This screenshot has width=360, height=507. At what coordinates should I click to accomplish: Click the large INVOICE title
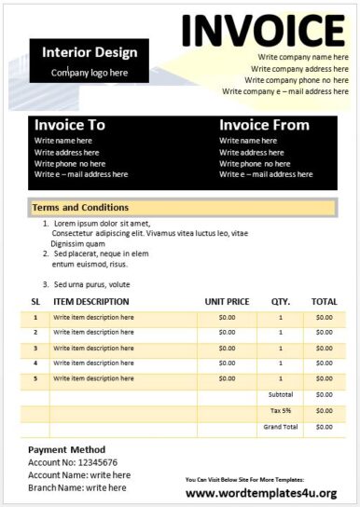tap(263, 30)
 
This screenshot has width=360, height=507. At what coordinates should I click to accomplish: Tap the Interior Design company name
tap(90, 52)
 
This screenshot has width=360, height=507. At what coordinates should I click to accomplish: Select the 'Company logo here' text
tap(90, 73)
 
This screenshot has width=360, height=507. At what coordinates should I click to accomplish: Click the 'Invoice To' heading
tap(70, 125)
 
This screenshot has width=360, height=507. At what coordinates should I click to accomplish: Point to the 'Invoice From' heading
tap(264, 125)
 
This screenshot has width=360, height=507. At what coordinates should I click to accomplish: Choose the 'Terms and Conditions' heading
tap(80, 208)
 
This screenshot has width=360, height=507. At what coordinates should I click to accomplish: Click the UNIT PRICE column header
tap(227, 302)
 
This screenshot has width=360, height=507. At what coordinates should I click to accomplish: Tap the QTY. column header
tap(281, 302)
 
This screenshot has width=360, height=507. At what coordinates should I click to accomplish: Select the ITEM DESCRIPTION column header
tap(91, 302)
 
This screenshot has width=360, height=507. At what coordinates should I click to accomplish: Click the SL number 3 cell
tap(35, 349)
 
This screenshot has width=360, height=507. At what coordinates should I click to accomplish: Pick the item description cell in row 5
tap(93, 378)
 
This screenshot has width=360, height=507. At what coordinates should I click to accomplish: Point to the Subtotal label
tap(281, 394)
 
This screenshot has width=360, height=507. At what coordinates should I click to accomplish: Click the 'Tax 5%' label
tap(281, 411)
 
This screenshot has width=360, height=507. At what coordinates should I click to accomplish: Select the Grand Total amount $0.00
tap(324, 427)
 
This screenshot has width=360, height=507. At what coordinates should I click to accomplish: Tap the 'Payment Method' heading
tap(66, 449)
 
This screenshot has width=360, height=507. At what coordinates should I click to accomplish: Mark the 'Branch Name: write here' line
tap(77, 487)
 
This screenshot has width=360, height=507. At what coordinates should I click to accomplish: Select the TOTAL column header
tap(324, 302)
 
